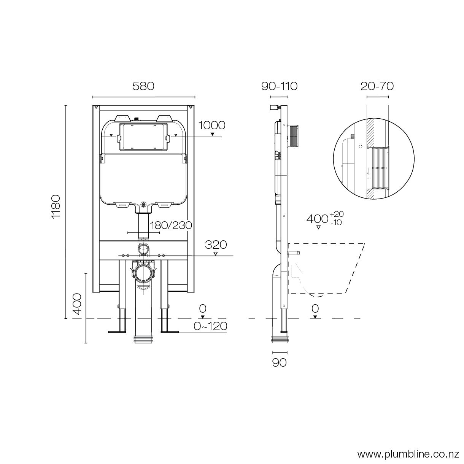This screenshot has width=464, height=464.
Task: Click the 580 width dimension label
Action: (143, 86)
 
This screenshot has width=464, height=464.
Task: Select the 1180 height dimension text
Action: (56, 207)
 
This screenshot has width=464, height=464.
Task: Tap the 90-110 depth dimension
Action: (279, 86)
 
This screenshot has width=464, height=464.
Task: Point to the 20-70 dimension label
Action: (377, 86)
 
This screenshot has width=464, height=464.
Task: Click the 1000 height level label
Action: (211, 125)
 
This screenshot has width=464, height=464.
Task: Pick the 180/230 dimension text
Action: (171, 225)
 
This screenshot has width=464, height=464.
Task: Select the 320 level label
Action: (216, 245)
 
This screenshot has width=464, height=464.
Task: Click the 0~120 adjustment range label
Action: (210, 326)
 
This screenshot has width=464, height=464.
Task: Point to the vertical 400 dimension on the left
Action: (77, 304)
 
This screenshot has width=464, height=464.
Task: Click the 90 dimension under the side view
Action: (279, 363)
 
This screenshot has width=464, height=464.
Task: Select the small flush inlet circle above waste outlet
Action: (144, 249)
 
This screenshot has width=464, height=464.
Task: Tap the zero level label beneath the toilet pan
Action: (315, 308)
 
